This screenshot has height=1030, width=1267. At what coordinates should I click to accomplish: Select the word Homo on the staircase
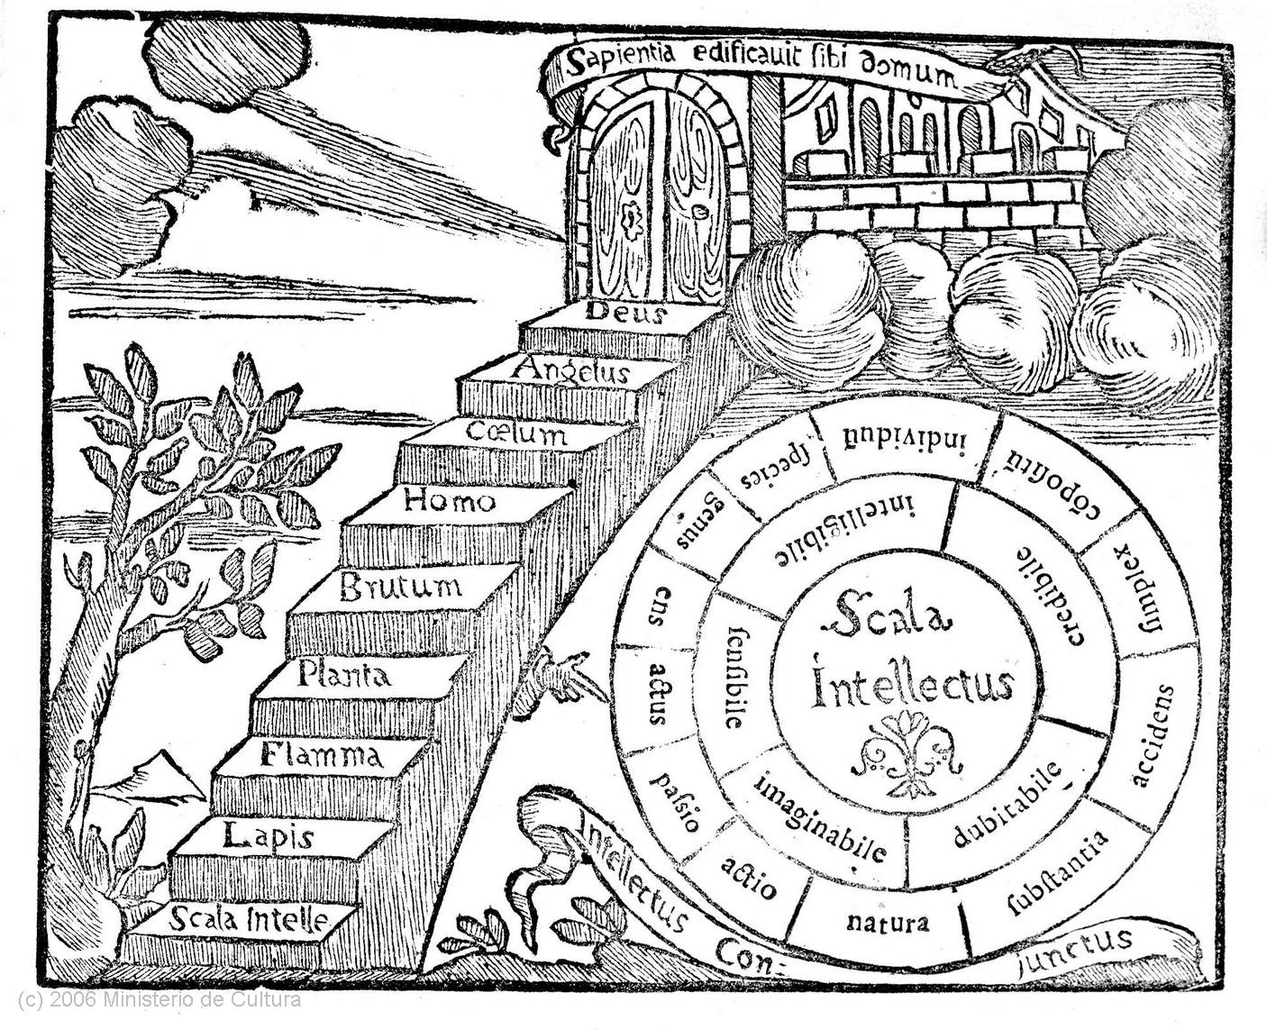coord(449,500)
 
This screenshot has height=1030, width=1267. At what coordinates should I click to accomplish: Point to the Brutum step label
coord(400,588)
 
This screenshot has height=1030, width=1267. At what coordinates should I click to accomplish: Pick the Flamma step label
coord(321,753)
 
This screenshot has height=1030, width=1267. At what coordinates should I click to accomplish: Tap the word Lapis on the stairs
coord(269,837)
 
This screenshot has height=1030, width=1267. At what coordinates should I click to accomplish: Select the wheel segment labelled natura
coord(887,923)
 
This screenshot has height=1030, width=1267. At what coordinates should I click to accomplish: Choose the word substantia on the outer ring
coord(1056,870)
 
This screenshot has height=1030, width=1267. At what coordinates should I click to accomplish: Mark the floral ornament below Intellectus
coord(907,752)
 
